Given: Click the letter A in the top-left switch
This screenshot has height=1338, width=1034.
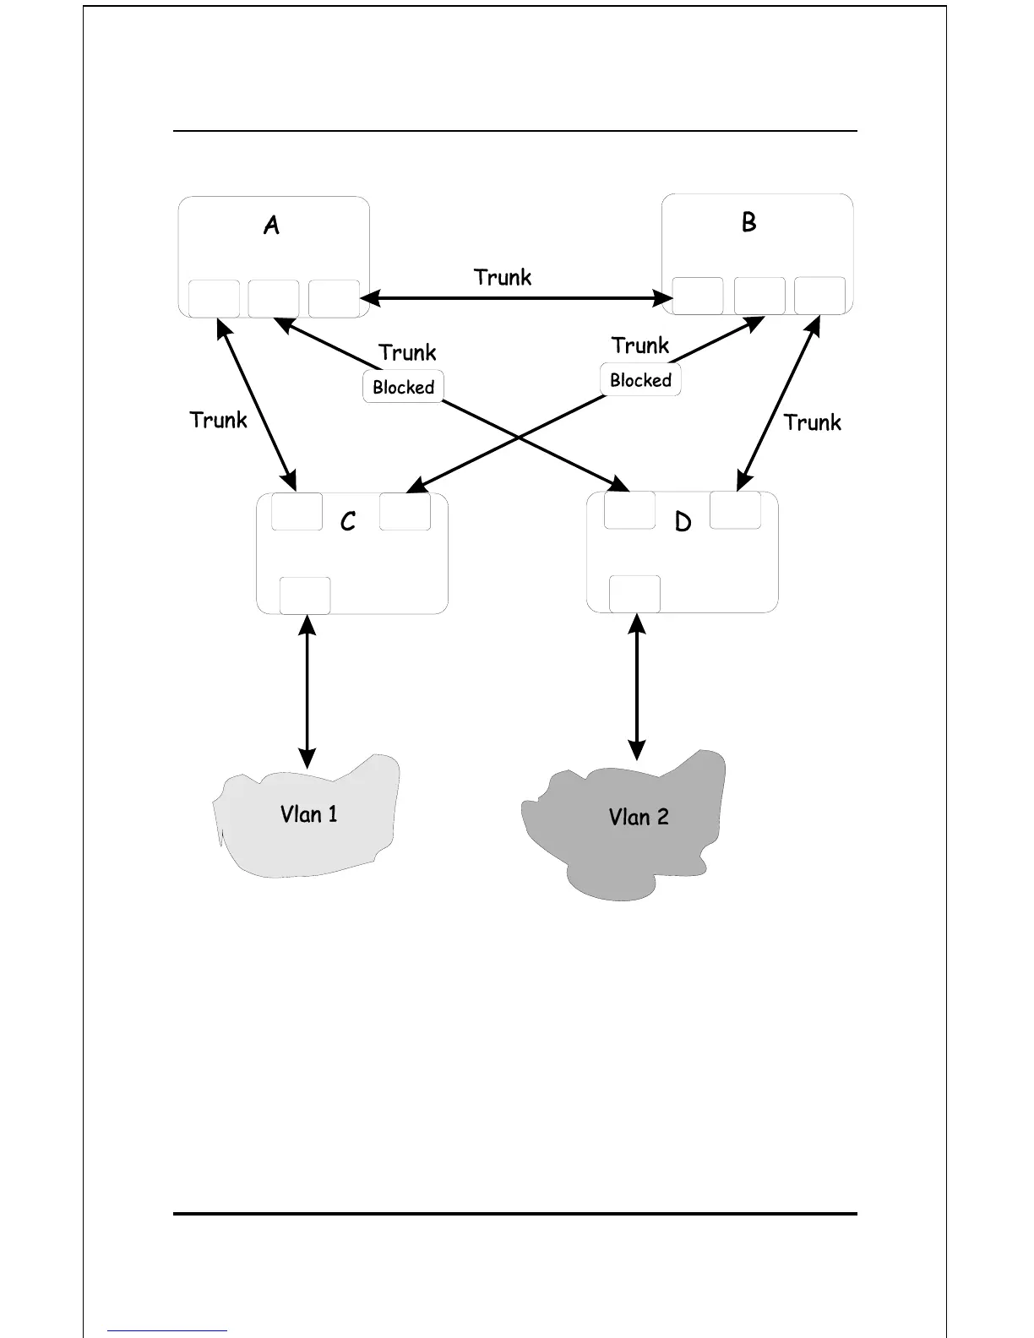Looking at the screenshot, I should tap(271, 226).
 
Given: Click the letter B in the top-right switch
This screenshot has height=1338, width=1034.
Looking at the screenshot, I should tap(748, 222).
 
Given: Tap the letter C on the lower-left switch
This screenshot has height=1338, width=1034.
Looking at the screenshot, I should tap(347, 522).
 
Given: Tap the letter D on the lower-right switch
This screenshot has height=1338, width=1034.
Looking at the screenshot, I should tap(683, 522).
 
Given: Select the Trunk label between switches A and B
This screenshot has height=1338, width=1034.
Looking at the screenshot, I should tap(503, 277).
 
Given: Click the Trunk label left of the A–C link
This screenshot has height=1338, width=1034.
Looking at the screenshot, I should tap(218, 420).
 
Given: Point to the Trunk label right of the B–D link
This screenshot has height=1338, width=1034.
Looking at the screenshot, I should tap(812, 422).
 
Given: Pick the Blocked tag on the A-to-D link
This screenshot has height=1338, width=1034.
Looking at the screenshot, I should tap(404, 387).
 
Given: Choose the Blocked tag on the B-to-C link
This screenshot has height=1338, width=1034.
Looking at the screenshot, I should tap(640, 380).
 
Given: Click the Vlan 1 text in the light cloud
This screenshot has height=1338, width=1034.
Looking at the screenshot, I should tap(308, 814).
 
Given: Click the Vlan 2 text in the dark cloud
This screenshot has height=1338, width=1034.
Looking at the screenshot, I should tap(639, 817).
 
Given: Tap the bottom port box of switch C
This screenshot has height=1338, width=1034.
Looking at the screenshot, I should tap(305, 596).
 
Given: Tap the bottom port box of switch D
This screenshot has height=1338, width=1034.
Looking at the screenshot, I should tap(634, 594).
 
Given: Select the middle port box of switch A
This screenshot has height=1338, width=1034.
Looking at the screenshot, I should tap(274, 299).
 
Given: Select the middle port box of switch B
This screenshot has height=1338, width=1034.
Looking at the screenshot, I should tap(759, 296).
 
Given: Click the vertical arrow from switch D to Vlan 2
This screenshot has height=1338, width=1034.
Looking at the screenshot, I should tap(637, 687).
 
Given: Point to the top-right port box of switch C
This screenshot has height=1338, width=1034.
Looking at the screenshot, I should tap(405, 512).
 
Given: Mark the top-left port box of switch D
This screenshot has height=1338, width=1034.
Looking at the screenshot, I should tap(630, 510).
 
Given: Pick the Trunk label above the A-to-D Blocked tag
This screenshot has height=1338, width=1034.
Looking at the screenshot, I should tap(407, 352).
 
